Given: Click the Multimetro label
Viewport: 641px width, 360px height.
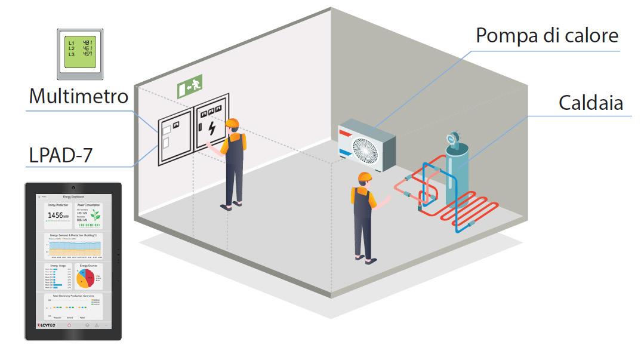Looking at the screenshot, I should coord(78,96).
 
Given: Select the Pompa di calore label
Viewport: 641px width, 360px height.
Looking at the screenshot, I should coord(547,35).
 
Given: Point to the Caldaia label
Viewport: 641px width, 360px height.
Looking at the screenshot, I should coord(591,103).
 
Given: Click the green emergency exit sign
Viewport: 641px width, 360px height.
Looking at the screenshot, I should coord(190,87).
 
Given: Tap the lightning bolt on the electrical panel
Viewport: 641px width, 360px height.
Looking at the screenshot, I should coord(212,128).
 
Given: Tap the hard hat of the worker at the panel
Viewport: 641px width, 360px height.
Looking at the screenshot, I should coord(232,124).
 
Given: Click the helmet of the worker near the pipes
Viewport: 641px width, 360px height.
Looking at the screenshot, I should coord(365,177).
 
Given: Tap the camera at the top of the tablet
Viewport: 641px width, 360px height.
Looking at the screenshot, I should coord(73,189).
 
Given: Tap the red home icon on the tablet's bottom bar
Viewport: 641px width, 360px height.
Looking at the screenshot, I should coord(69,325).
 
